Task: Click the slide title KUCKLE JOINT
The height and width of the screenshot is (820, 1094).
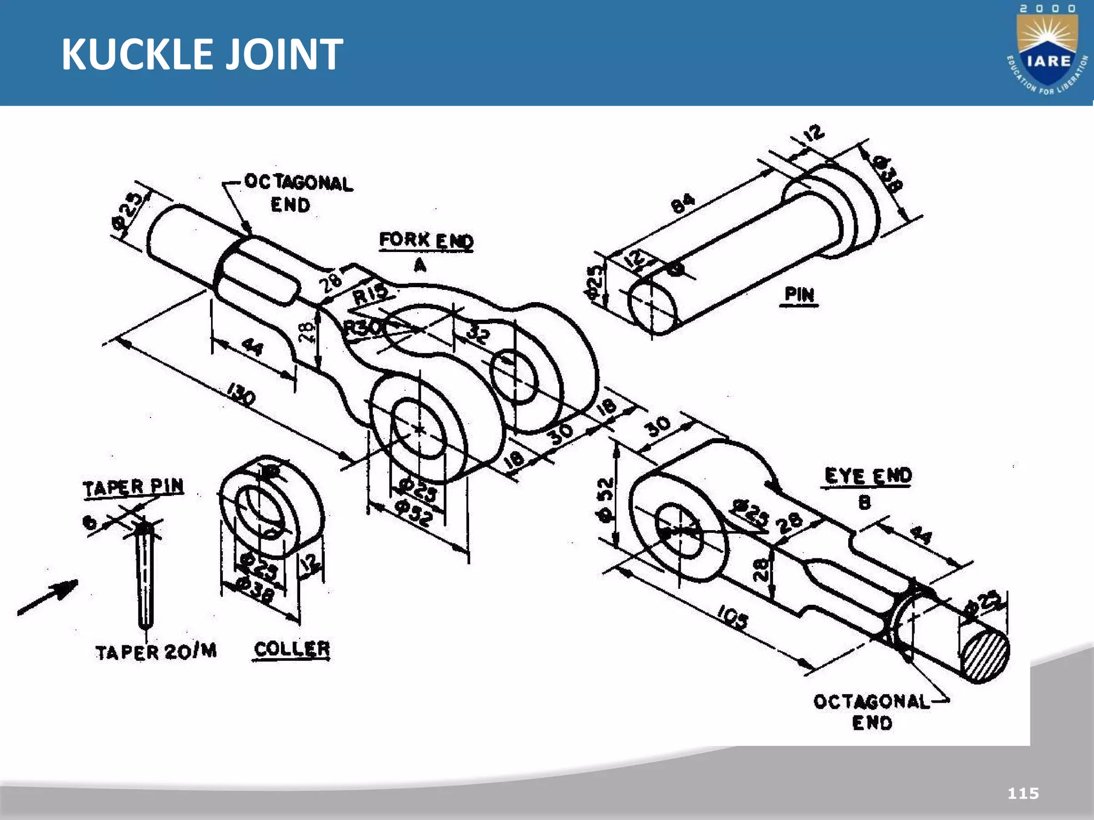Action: point(202,54)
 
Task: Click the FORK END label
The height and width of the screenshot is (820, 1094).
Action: point(426,241)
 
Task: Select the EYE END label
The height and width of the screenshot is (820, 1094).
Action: point(868,476)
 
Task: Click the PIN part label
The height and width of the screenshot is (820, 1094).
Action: point(799,295)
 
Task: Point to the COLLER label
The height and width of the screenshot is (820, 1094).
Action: point(292,649)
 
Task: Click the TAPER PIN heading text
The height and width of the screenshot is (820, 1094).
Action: point(134,487)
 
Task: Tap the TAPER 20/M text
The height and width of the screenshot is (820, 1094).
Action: point(156,652)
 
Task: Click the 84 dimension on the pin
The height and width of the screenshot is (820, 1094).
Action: point(683,203)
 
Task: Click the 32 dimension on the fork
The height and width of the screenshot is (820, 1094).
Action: point(478,334)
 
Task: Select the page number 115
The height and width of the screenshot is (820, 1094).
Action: point(1023,793)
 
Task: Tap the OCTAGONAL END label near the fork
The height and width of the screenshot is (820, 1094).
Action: point(297,193)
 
